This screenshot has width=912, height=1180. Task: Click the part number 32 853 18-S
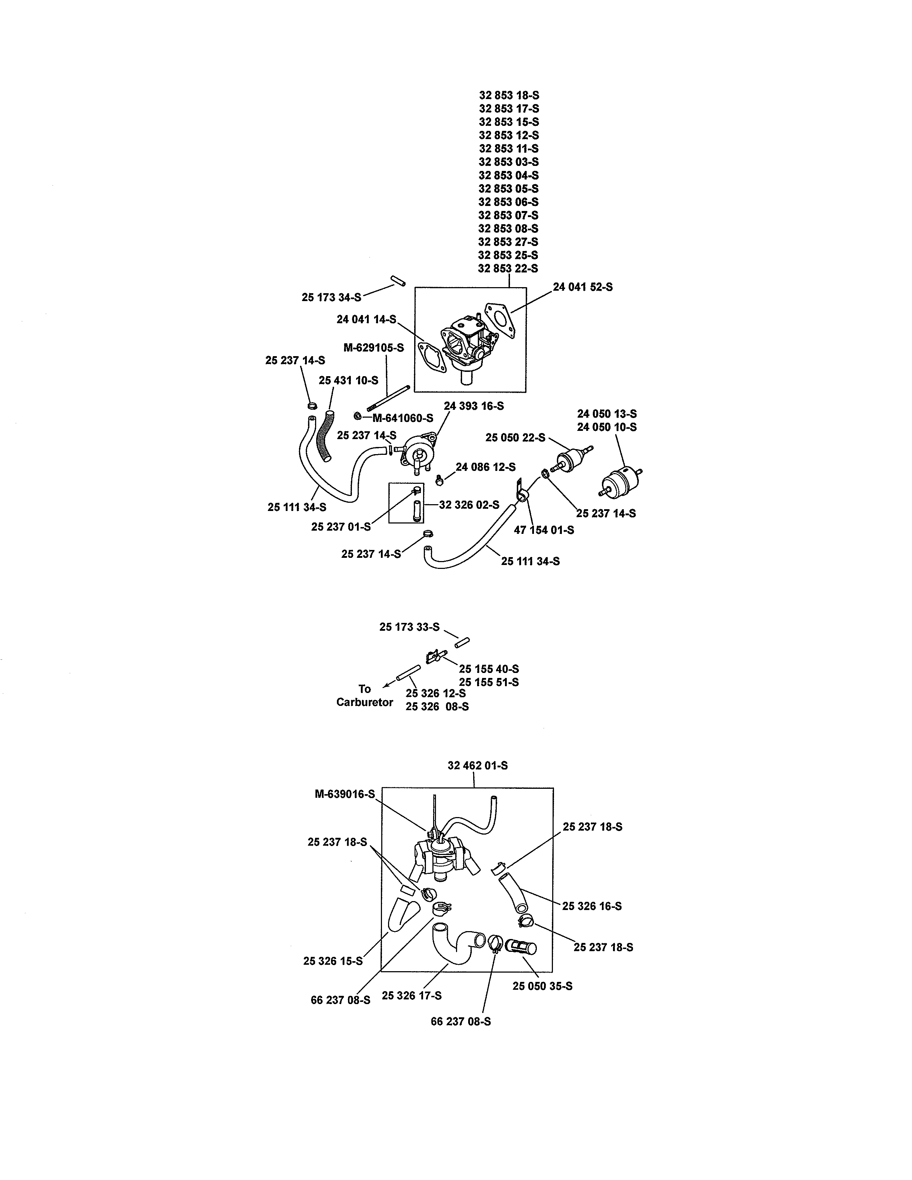[x=509, y=95]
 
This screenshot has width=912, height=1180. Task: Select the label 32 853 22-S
[x=508, y=269]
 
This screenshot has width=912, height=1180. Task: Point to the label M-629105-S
[x=373, y=348]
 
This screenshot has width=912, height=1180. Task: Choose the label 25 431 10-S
[x=348, y=380]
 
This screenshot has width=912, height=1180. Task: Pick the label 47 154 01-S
[x=544, y=530]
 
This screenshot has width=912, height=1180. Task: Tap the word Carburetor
[x=365, y=702]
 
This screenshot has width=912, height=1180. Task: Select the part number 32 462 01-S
[x=477, y=766]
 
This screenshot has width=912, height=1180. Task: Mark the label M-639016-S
[x=345, y=794]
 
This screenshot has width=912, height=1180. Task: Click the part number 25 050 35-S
[x=543, y=986]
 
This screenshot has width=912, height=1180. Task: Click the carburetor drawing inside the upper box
[x=469, y=346]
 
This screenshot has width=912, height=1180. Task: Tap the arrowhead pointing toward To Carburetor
[x=385, y=686]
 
